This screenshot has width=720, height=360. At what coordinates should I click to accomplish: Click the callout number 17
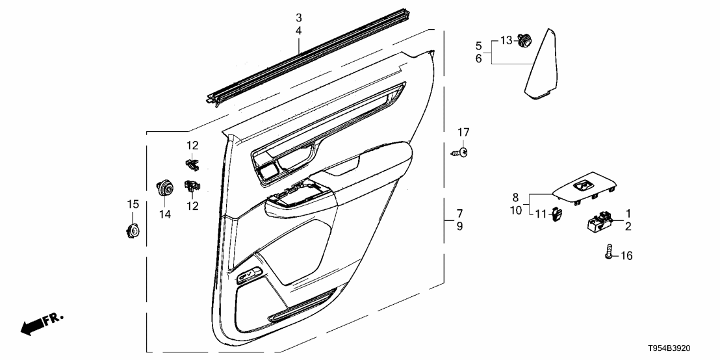[463, 133]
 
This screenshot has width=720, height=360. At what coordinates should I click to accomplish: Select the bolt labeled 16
[609, 252]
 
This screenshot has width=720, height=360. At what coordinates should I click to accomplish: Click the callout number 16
[626, 256]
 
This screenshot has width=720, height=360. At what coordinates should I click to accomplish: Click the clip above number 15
[133, 231]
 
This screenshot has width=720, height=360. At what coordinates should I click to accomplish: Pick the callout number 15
[133, 204]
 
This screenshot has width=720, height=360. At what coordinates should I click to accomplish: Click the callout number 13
[506, 40]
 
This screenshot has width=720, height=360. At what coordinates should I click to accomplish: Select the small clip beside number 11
[556, 214]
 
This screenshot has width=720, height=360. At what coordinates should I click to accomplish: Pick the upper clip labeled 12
[192, 163]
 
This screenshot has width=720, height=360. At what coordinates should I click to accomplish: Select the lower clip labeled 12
[193, 185]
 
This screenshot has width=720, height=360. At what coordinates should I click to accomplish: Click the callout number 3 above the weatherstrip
[298, 18]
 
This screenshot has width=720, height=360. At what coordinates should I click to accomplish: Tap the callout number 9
[459, 226]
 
